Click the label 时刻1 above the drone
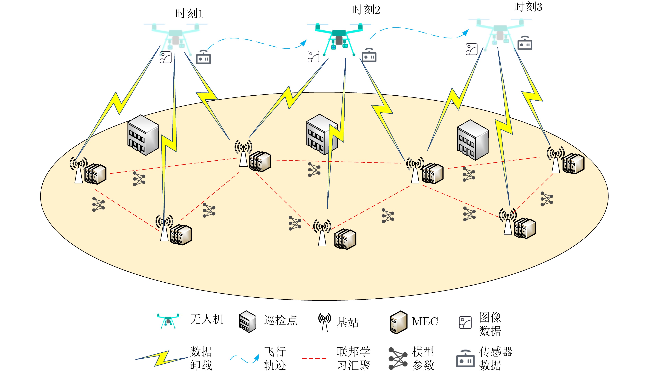click(x=189, y=14)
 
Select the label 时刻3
click(x=528, y=7)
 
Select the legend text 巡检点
click(x=280, y=320)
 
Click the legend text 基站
click(x=347, y=322)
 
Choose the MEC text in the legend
click(x=425, y=321)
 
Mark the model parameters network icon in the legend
click(x=398, y=358)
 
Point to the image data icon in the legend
click(x=465, y=322)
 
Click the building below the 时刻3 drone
click(x=472, y=140)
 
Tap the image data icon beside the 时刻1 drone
click(x=166, y=57)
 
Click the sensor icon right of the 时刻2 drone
click(x=369, y=55)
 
